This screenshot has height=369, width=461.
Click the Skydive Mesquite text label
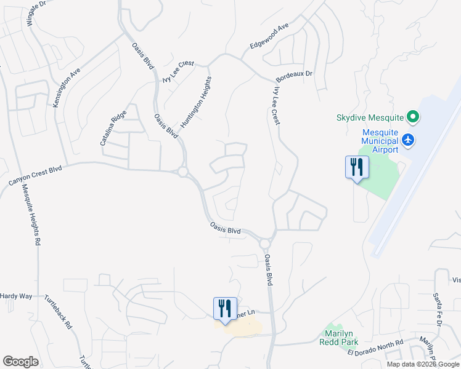click(x=369, y=117)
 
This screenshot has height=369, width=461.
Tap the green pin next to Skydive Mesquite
click(x=414, y=116)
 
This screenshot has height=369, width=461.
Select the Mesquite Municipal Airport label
click(x=372, y=140)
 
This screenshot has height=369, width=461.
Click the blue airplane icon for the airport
click(x=408, y=140)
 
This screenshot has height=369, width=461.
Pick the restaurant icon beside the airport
click(x=357, y=167)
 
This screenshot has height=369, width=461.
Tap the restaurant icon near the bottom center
click(x=225, y=307)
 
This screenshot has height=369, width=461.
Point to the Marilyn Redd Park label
click(x=338, y=338)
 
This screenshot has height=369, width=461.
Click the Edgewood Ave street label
click(x=269, y=38)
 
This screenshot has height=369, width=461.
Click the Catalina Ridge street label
click(x=113, y=128)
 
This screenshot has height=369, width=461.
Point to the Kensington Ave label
click(x=67, y=88)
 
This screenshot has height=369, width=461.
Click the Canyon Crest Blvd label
click(x=36, y=175)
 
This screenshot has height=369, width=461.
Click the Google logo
click(x=21, y=362)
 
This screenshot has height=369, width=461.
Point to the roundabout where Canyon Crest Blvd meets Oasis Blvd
click(x=182, y=172)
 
